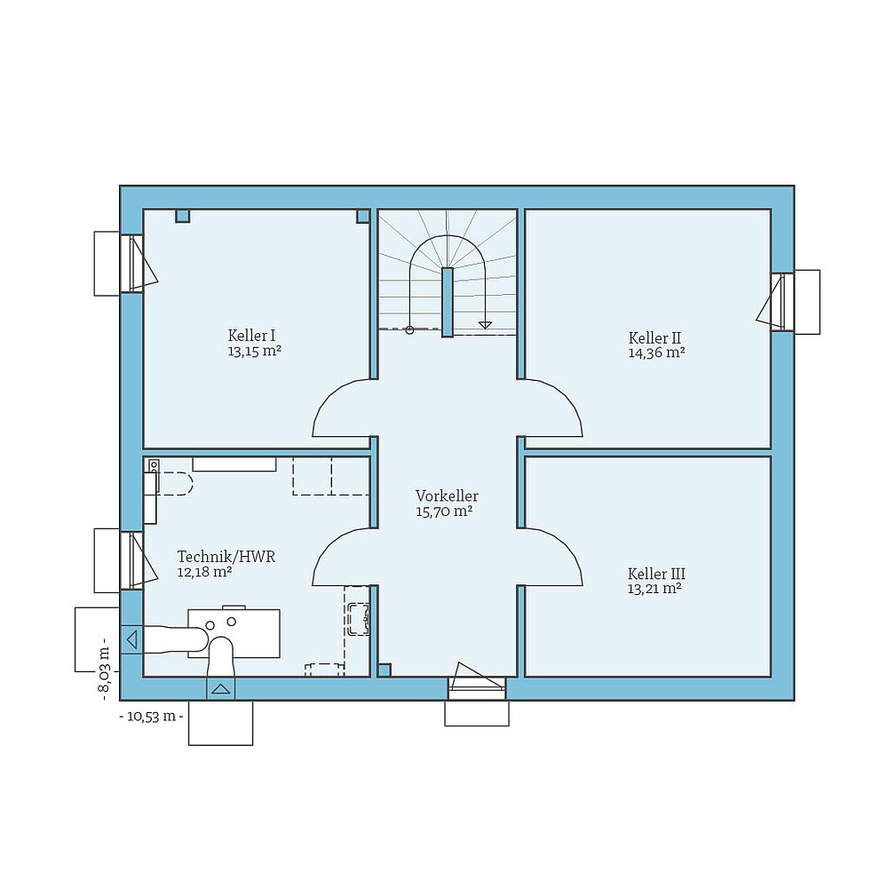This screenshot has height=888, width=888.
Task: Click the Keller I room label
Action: click(251, 336)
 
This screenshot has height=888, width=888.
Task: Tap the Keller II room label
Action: click(654, 338)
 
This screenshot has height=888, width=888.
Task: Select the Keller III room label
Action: click(656, 574)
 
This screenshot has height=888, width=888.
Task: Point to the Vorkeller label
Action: click(447, 496)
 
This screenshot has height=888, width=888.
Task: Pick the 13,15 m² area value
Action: click(255, 351)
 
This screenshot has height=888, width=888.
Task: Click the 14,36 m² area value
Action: click(656, 353)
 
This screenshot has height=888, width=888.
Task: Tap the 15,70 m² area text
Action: click(444, 511)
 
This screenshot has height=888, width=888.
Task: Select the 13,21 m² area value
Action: click(654, 588)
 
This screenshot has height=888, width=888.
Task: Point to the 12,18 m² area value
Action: click(205, 572)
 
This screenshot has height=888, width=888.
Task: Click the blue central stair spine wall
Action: click(448, 302)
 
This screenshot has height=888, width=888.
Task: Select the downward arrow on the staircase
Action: click(485, 324)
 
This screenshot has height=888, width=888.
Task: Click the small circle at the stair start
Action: click(409, 330)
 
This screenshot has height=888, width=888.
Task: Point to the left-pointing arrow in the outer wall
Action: click(131, 638)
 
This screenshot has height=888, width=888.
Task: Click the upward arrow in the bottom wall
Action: click(220, 688)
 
